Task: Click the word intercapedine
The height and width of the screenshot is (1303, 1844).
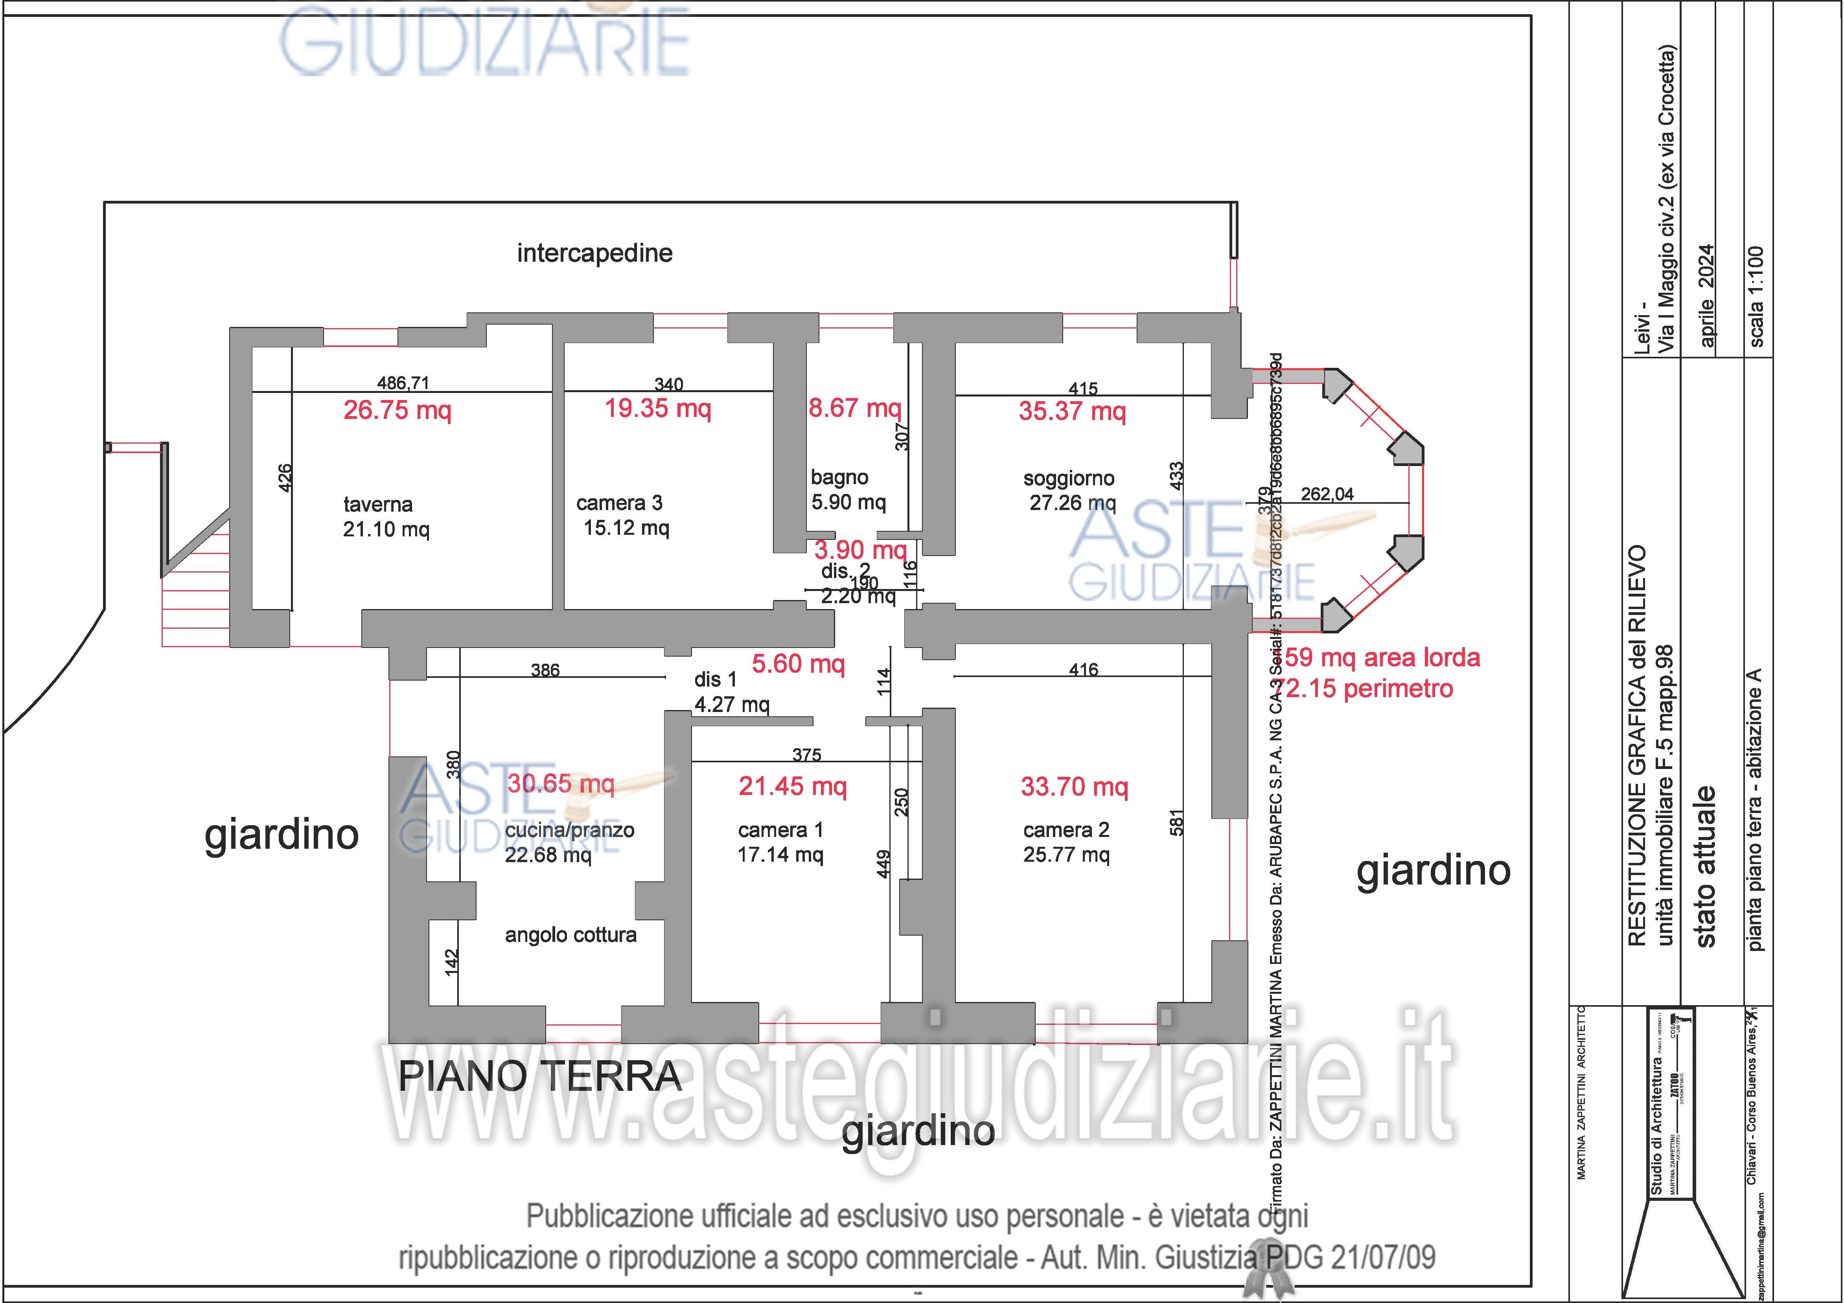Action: [x=594, y=253]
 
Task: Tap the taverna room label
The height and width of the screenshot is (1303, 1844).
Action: [x=377, y=504]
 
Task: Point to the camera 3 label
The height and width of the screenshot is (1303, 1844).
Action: [x=619, y=503]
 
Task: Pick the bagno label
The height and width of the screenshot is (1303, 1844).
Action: [x=839, y=478]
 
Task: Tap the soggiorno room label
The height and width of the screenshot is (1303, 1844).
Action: [x=1068, y=479]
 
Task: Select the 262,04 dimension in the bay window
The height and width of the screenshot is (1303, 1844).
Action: [x=1327, y=494]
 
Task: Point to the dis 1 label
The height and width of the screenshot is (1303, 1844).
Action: [x=715, y=679]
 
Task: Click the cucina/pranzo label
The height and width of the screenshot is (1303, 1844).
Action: [x=569, y=830]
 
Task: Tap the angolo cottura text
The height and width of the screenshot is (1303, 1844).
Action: [x=570, y=934]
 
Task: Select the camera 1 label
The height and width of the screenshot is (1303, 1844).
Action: [x=780, y=830]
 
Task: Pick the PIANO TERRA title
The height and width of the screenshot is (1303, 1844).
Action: [x=540, y=1076]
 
